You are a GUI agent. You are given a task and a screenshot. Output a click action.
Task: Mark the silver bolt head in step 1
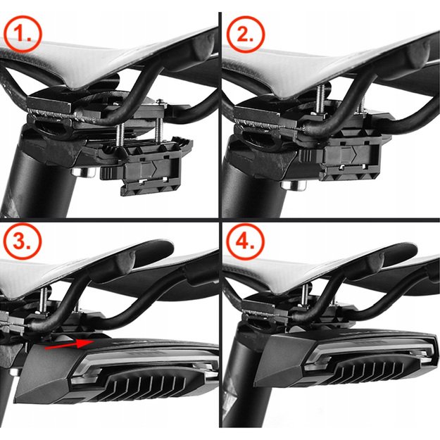pos(79,170)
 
